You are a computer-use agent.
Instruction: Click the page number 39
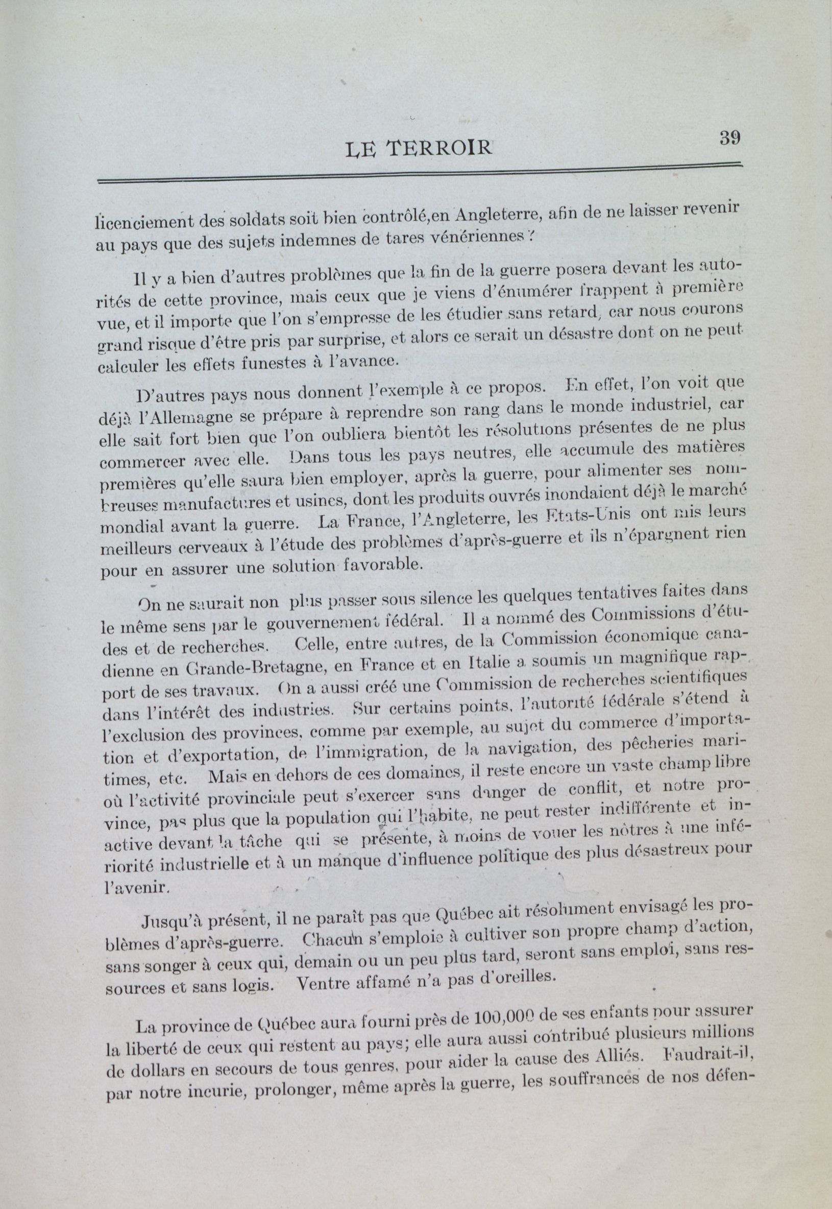(729, 138)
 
